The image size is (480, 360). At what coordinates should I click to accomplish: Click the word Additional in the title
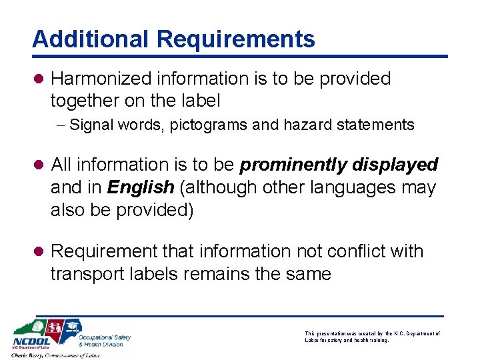point(91,39)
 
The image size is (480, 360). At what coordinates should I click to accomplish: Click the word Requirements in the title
point(235,39)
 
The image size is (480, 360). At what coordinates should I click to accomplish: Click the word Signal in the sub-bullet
point(90,125)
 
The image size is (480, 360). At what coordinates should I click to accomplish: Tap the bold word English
point(140,187)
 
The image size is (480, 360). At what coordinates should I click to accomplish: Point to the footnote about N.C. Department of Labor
point(372,336)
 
